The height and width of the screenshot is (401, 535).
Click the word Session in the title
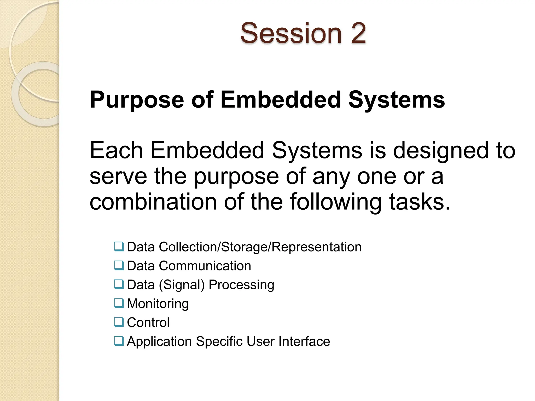pyautogui.click(x=291, y=33)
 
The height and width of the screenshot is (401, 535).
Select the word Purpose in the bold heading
pyautogui.click(x=137, y=100)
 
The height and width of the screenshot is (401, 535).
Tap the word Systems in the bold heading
pyautogui.click(x=397, y=100)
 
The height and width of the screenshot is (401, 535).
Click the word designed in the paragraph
pyautogui.click(x=441, y=151)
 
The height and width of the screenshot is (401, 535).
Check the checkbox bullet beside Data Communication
pyautogui.click(x=119, y=266)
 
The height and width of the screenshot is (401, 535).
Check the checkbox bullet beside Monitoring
pyautogui.click(x=119, y=303)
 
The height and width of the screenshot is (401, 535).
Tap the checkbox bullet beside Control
pyautogui.click(x=119, y=322)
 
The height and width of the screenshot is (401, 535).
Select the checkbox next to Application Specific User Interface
pyautogui.click(x=119, y=341)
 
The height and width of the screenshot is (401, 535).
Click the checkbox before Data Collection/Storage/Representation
pyautogui.click(x=119, y=246)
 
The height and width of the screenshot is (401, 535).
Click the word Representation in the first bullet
pyautogui.click(x=316, y=247)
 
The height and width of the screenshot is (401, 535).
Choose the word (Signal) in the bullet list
pyautogui.click(x=182, y=285)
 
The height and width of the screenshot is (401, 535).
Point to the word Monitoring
pyautogui.click(x=158, y=304)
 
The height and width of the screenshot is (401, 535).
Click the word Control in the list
pyautogui.click(x=148, y=322)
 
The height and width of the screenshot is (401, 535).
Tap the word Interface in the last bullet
pyautogui.click(x=304, y=341)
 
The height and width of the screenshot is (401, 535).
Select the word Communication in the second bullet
pyautogui.click(x=205, y=266)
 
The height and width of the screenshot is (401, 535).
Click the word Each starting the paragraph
pyautogui.click(x=116, y=151)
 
